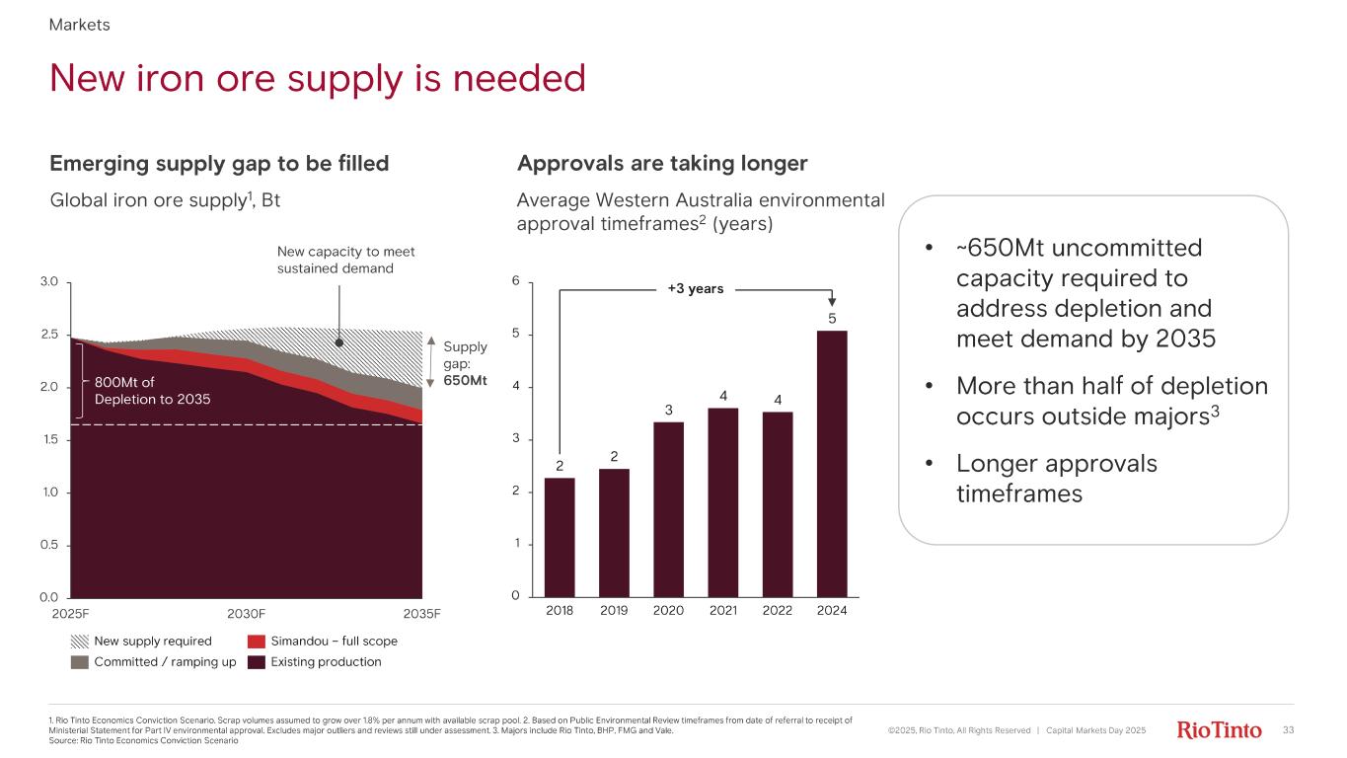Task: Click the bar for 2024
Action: (x=832, y=463)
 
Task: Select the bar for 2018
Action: (x=560, y=537)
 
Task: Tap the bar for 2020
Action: (x=669, y=508)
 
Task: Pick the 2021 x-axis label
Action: (x=723, y=611)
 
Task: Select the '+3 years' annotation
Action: (x=696, y=289)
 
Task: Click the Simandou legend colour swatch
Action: (x=256, y=642)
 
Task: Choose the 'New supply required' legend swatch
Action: (x=79, y=642)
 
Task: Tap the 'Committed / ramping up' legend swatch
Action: (x=79, y=662)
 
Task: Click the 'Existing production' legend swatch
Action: (x=256, y=662)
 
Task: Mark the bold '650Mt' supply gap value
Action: (x=466, y=380)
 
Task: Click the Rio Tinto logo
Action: (x=1220, y=730)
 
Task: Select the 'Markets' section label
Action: (x=79, y=25)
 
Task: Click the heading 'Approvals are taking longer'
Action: (x=662, y=163)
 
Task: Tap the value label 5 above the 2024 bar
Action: (x=832, y=318)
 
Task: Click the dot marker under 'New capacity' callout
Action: (x=338, y=343)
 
